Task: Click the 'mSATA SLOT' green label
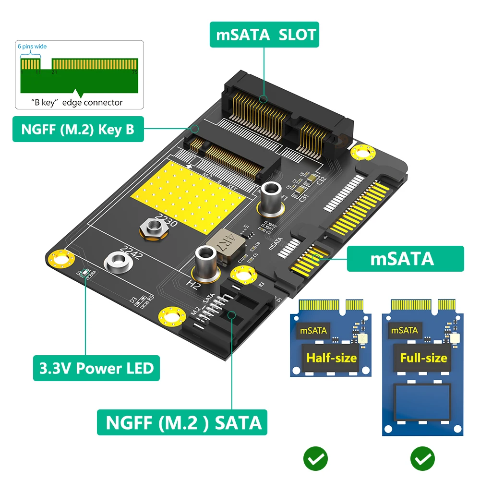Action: coord(264,35)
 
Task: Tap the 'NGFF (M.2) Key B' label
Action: coord(78,129)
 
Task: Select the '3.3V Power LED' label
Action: coord(96,368)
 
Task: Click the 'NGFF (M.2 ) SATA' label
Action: coord(182,422)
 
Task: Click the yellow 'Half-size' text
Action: coord(332,358)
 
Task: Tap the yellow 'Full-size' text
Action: coord(423,358)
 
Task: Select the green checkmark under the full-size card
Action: coord(422,459)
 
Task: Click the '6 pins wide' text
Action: coord(32,47)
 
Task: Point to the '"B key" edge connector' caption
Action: coord(77,102)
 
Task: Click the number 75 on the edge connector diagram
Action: coord(134,72)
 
